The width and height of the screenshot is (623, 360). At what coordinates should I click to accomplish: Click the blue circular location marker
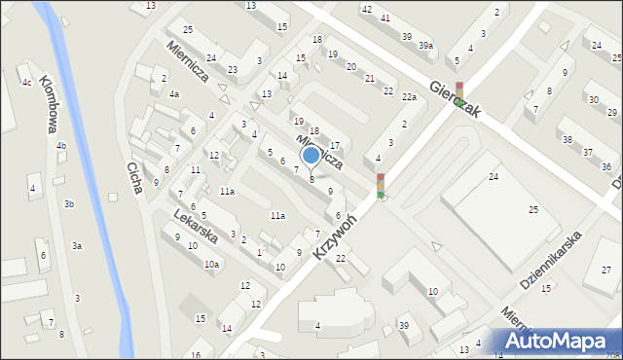[311, 155]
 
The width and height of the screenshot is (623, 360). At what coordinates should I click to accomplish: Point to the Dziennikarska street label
[550, 260]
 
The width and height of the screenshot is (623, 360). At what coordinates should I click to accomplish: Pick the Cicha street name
[135, 178]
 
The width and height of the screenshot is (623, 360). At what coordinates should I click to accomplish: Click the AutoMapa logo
[555, 341]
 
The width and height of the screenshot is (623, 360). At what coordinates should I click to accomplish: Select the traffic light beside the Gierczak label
[458, 94]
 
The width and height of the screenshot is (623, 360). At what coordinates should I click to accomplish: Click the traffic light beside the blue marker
[381, 185]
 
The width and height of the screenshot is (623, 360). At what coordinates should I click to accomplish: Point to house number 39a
[425, 46]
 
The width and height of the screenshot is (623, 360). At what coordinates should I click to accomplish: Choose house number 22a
[410, 96]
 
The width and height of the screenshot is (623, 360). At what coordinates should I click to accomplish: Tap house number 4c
[27, 82]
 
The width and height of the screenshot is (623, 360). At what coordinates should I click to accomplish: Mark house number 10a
[210, 264]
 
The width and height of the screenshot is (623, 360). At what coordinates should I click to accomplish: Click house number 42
[366, 9]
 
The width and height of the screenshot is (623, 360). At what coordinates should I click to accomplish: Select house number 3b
[69, 203]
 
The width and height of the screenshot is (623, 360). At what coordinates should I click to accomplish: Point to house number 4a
[173, 94]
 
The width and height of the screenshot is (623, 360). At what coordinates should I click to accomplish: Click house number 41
[385, 18]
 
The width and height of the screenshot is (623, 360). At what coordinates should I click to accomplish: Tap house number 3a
[76, 246]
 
